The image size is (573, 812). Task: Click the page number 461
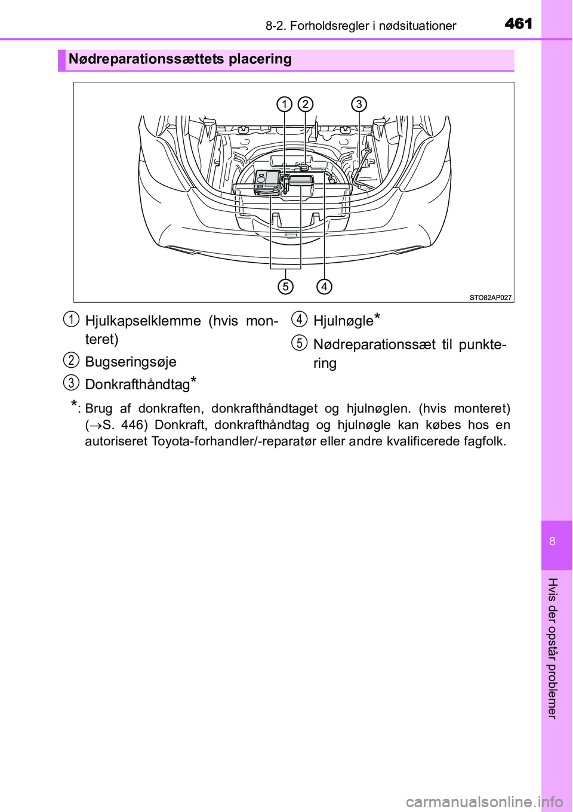coord(518,23)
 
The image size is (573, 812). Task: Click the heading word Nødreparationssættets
coord(146,59)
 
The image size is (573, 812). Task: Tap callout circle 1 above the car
coord(284,104)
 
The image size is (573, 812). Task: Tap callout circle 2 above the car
coord(305,104)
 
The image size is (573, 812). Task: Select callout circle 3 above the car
coord(359,104)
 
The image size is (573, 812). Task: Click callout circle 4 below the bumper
coord(324,287)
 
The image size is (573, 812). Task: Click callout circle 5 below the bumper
coord(286,287)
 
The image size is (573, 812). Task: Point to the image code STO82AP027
coord(490,297)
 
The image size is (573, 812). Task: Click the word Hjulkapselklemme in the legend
coord(143,321)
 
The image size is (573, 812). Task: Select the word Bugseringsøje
coord(131,362)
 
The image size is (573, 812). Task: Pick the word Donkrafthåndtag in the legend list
coord(137,385)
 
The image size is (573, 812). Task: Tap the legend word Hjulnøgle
coord(343,321)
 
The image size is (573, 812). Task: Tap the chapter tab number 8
coord(552,542)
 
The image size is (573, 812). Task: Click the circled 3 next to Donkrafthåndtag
coord(71,383)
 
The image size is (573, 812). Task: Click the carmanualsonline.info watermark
coord(484,801)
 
